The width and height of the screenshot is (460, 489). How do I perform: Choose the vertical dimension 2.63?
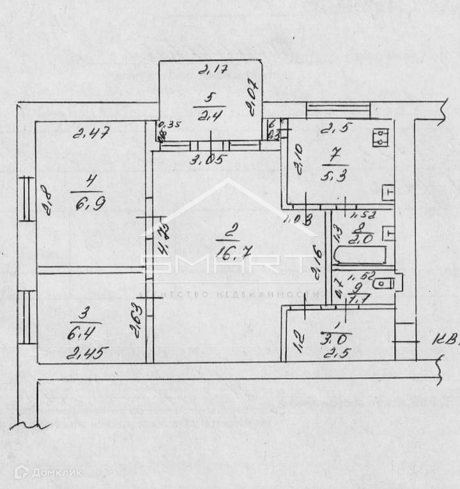tap(135, 321)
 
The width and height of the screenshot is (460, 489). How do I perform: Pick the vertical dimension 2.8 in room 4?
tap(45, 201)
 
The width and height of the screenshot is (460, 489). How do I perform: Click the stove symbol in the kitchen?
tap(381, 136)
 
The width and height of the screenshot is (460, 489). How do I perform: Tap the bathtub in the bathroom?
tap(360, 255)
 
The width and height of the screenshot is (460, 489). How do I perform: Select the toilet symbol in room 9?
tap(386, 283)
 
